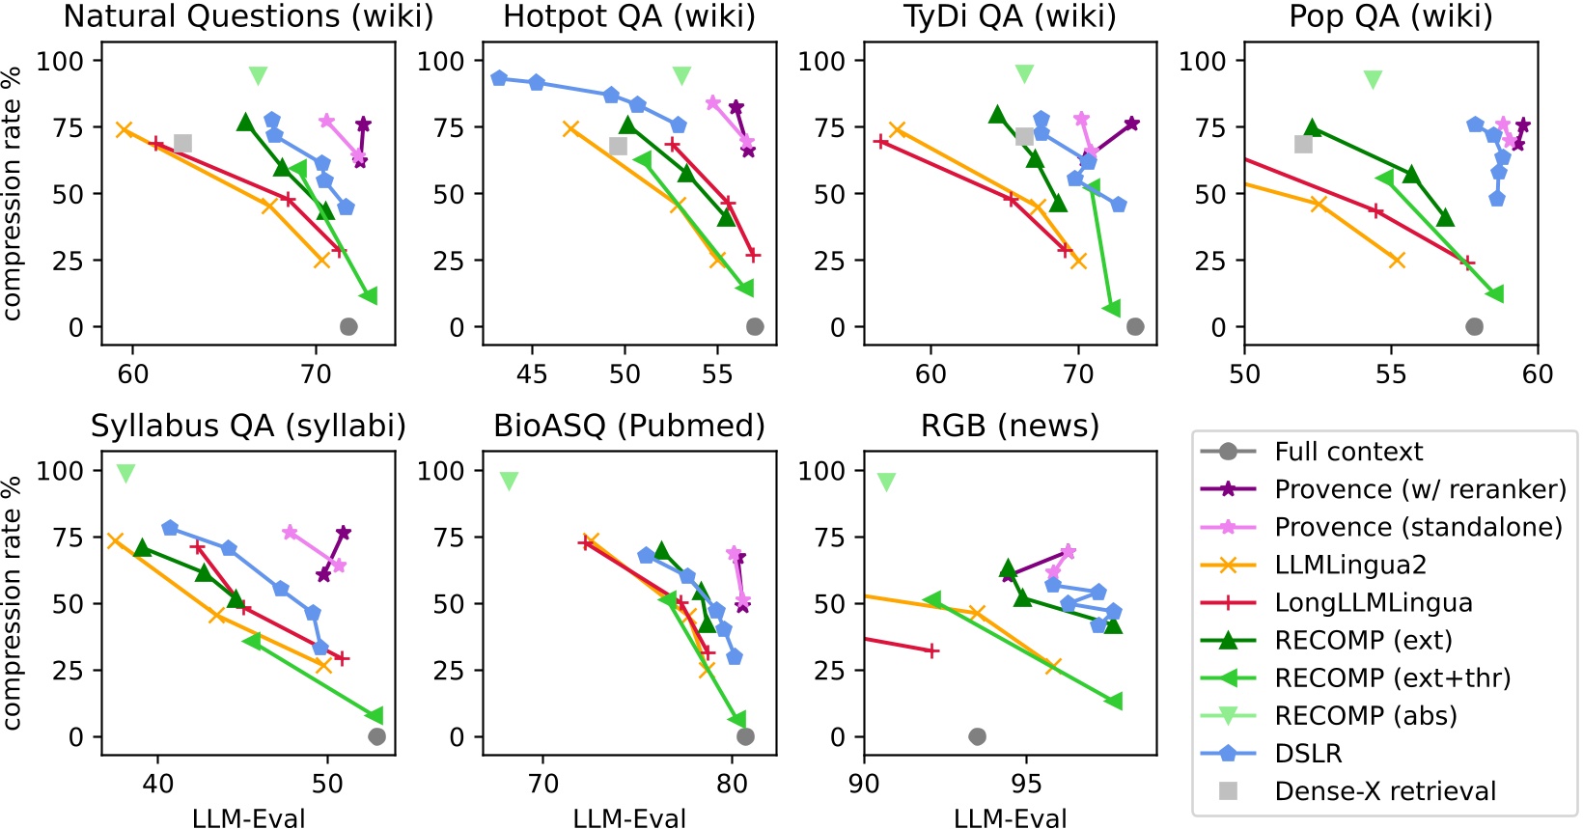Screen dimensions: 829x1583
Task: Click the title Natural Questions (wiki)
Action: point(248,16)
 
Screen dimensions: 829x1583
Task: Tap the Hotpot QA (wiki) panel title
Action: point(629,16)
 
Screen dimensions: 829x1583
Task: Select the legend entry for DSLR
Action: point(1308,753)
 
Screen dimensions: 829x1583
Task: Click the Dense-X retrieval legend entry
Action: point(1384,791)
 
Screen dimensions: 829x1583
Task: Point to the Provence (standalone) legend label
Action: point(1418,527)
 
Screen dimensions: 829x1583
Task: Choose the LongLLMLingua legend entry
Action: point(1373,603)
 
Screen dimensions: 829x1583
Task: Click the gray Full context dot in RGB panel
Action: point(977,736)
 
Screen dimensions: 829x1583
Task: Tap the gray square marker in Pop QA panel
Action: point(1303,144)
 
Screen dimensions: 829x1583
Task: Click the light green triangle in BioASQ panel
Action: point(509,481)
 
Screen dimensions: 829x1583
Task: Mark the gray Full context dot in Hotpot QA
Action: point(755,327)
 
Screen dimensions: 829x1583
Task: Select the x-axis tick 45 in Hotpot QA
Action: point(532,374)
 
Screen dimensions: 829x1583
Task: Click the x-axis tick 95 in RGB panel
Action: point(1026,784)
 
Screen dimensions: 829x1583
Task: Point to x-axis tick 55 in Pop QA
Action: point(1391,374)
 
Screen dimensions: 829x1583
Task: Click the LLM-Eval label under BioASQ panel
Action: point(629,818)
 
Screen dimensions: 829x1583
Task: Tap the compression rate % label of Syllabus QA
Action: point(13,602)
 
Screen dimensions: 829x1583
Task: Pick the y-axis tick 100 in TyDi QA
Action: point(821,61)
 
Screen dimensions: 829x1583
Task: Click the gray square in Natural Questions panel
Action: point(182,144)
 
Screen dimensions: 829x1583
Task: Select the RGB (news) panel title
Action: point(1010,426)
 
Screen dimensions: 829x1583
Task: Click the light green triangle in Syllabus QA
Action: point(125,473)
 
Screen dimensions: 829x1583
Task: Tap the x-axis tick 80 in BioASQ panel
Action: point(732,784)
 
